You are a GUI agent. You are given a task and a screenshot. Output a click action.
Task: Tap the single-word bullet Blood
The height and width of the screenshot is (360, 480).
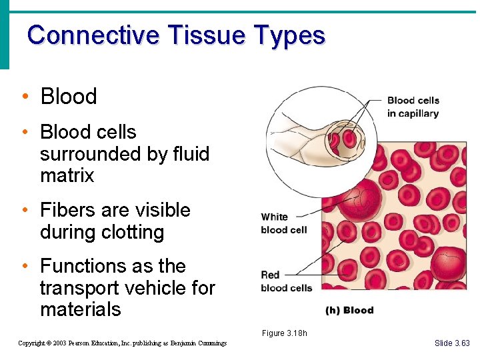[x=69, y=97]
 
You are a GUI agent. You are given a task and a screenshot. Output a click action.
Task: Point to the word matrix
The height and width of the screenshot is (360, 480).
[x=67, y=176]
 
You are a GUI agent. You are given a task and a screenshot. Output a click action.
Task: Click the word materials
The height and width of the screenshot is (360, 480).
[x=80, y=310]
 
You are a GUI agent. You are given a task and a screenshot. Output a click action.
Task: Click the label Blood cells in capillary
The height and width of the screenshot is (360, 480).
[x=413, y=107]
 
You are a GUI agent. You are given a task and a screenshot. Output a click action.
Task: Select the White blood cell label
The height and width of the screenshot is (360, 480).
[x=283, y=223]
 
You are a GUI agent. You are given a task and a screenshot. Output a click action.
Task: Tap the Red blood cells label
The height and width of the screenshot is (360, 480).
[x=286, y=281]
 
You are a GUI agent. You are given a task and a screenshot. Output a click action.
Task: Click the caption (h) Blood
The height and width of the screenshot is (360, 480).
[x=349, y=310]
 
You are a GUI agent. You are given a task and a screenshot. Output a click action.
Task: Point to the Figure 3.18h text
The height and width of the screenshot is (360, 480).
[x=284, y=333]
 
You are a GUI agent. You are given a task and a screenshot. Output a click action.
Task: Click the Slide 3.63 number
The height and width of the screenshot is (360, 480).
[x=451, y=343]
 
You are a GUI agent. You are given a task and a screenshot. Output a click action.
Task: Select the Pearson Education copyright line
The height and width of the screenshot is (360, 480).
[x=122, y=343]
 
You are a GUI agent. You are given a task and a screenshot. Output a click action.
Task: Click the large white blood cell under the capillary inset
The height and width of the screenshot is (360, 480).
[x=357, y=200]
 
